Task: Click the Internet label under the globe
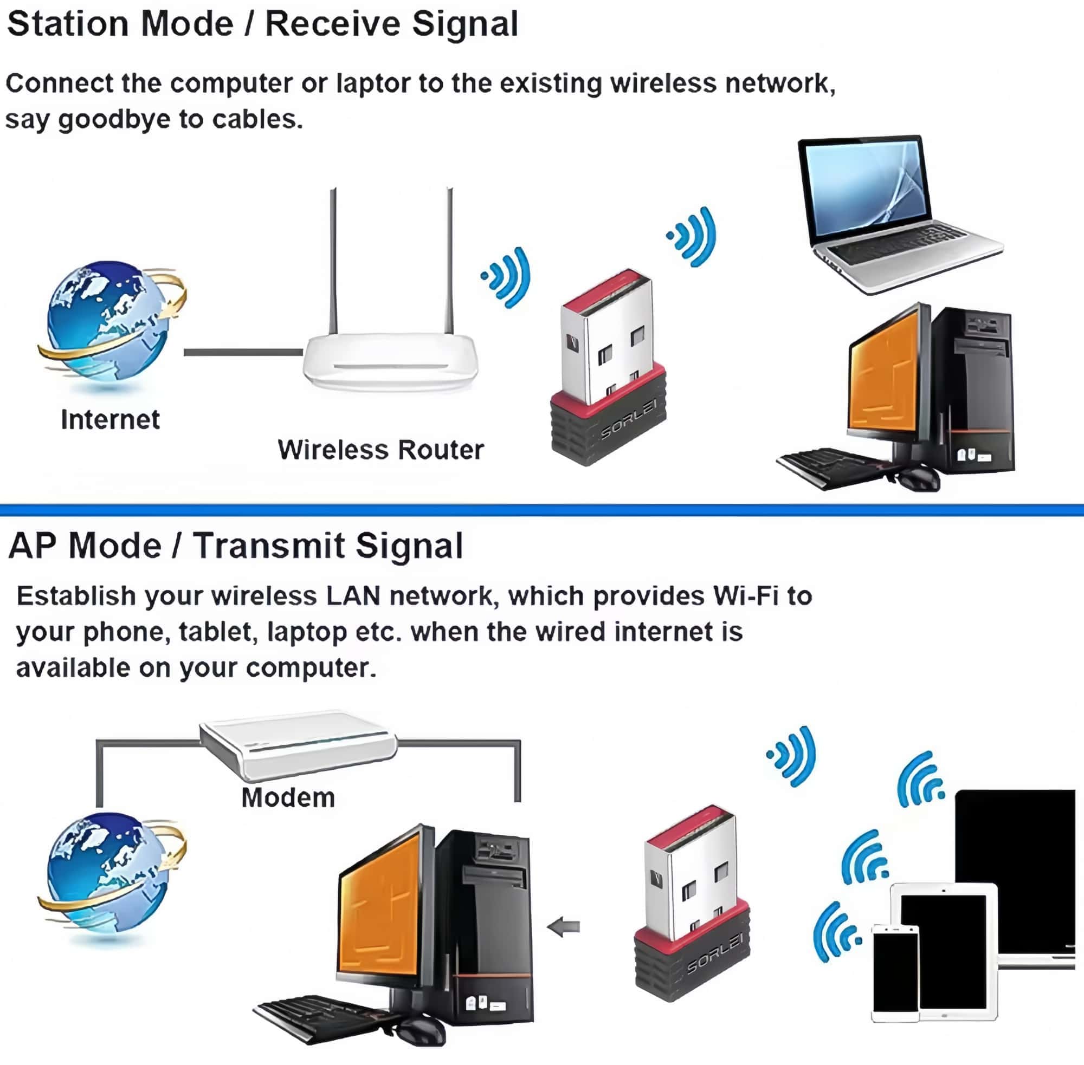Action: click(x=110, y=419)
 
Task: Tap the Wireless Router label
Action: click(x=380, y=450)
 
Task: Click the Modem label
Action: click(x=288, y=797)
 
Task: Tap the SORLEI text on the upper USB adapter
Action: click(x=628, y=419)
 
